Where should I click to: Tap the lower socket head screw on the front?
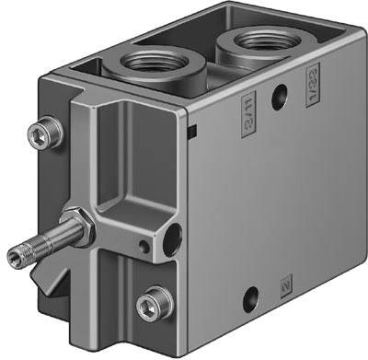point(146,304)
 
